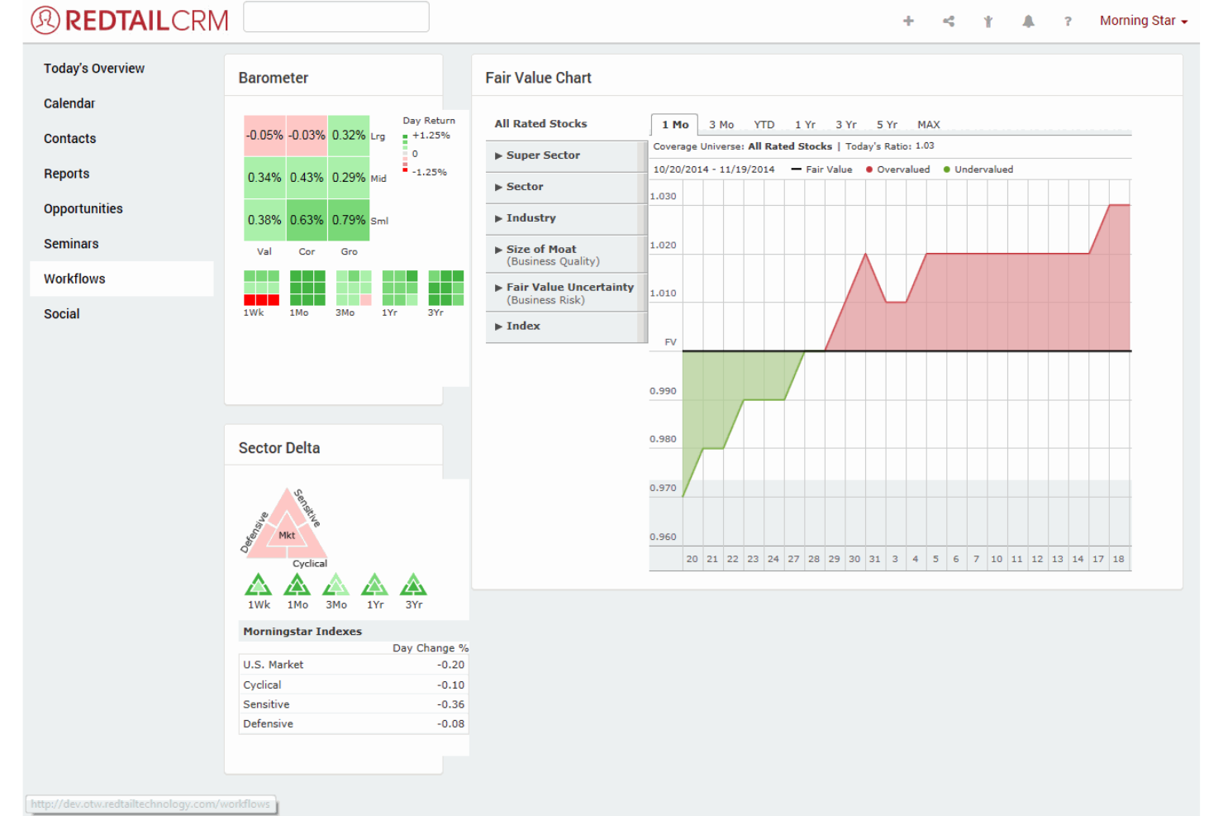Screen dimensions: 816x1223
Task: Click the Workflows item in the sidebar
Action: [75, 279]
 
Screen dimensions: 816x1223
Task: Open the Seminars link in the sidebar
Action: [71, 244]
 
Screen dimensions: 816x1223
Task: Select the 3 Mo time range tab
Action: [721, 125]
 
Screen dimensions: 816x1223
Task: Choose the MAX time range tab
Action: [928, 125]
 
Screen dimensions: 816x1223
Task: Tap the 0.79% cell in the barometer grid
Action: [349, 220]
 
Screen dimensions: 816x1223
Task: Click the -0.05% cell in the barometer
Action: [264, 135]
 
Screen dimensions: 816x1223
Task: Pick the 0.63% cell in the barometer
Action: [307, 220]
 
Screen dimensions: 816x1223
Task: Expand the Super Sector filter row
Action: [543, 155]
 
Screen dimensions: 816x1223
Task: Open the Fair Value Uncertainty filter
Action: [569, 293]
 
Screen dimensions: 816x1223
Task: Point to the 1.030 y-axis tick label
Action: [663, 197]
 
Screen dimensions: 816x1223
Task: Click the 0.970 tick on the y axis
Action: [663, 489]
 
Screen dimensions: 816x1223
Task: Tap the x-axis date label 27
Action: [793, 559]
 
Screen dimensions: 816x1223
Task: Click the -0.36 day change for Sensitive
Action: [450, 704]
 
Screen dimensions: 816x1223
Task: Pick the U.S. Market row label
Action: [274, 665]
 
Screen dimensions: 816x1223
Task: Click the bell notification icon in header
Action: [1028, 21]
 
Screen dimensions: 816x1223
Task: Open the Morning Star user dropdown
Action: [1143, 21]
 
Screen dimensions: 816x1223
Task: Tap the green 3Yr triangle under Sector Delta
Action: [413, 585]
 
